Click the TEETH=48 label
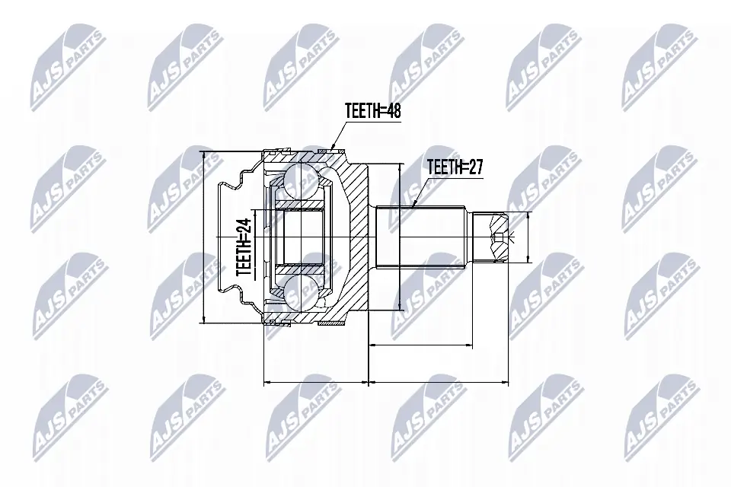pyautogui.click(x=372, y=111)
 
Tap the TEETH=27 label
pyautogui.click(x=455, y=167)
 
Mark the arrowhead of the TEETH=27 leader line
pyautogui.click(x=412, y=205)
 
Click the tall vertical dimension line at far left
pyautogui.click(x=204, y=236)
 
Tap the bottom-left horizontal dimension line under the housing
pyautogui.click(x=315, y=380)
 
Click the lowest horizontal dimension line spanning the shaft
pyautogui.click(x=437, y=380)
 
